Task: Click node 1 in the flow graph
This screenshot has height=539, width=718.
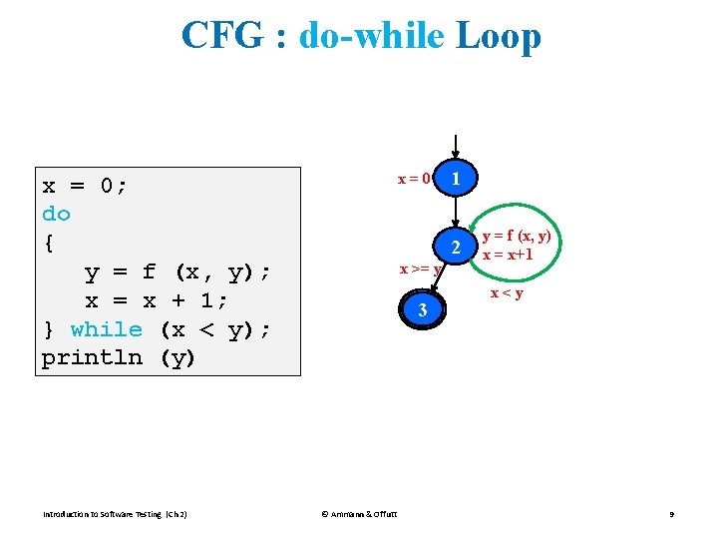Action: tap(455, 179)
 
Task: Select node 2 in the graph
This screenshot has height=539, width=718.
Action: tap(455, 248)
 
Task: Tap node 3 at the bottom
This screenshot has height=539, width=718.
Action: tap(423, 310)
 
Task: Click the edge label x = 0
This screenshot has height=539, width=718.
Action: tap(414, 180)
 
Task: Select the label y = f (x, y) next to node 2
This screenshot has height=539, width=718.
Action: tap(517, 237)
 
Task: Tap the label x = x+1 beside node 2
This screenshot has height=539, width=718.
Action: tap(508, 255)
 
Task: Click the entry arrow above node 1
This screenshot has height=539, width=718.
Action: tap(455, 146)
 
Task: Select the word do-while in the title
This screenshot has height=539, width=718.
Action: tap(371, 37)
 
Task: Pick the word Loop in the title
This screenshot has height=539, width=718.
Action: tap(498, 37)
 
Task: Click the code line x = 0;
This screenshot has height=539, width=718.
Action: tap(85, 186)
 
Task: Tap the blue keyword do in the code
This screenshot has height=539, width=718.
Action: tap(56, 214)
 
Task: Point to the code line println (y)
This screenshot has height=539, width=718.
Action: tap(118, 357)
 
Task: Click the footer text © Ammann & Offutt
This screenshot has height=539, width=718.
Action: tap(359, 514)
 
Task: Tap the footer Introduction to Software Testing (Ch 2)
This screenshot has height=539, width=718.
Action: tap(116, 514)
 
